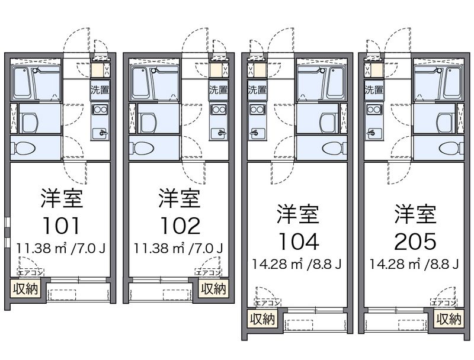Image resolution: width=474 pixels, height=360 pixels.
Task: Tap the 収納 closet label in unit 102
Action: (213, 289)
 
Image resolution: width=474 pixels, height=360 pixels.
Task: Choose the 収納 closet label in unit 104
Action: (261, 320)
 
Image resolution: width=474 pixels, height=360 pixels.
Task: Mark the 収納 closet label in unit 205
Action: (449, 320)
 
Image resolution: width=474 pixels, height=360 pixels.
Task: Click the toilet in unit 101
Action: (25, 148)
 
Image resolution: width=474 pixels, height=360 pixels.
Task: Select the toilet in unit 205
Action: (449, 148)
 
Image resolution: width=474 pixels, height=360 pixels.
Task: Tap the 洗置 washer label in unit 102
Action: (217, 90)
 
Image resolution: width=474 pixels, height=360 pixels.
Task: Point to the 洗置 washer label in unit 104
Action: (257, 90)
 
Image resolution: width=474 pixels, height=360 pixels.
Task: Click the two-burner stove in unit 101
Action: (100, 110)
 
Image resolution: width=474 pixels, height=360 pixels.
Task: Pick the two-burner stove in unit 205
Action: (374, 110)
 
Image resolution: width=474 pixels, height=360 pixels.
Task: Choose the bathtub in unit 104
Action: (318, 83)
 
